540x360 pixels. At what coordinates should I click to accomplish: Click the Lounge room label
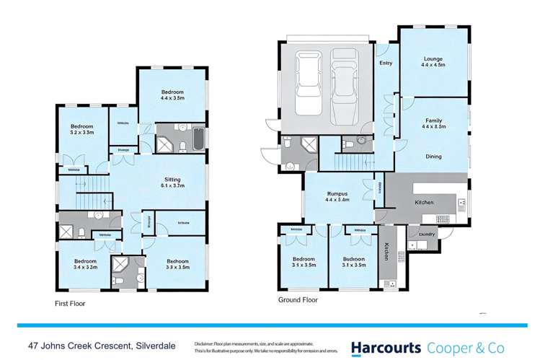coord(433,61)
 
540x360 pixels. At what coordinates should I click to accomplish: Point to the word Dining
coord(433,156)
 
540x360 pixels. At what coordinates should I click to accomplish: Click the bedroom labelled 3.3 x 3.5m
coord(177,263)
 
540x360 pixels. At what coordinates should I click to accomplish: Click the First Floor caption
coord(69,304)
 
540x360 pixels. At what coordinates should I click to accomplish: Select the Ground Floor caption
coord(298,299)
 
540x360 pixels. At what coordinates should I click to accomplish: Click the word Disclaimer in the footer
coord(207,343)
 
